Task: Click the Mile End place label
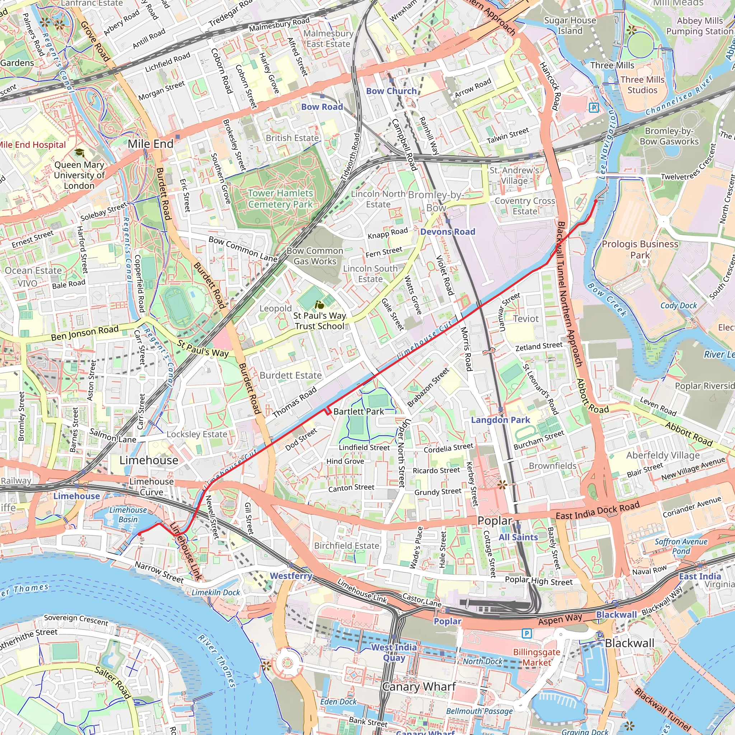pos(150,144)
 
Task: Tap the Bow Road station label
pos(322,107)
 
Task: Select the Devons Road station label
pos(448,232)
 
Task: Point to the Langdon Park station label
pos(500,420)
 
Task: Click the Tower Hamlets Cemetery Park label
pos(280,198)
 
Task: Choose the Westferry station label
pos(291,576)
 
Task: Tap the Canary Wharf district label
pos(419,687)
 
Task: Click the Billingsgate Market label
pos(537,657)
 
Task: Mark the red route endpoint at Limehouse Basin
pos(139,534)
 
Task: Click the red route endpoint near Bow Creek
pos(596,201)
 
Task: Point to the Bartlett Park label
pos(359,412)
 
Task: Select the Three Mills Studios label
pos(642,85)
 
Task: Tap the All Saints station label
pos(518,537)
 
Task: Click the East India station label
pos(699,576)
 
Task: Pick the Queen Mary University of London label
pos(79,175)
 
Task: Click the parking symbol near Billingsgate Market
pos(526,633)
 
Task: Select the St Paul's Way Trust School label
pos(319,321)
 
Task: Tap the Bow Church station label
pos(391,91)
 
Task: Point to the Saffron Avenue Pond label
pos(681,546)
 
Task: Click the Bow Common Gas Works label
pos(315,256)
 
